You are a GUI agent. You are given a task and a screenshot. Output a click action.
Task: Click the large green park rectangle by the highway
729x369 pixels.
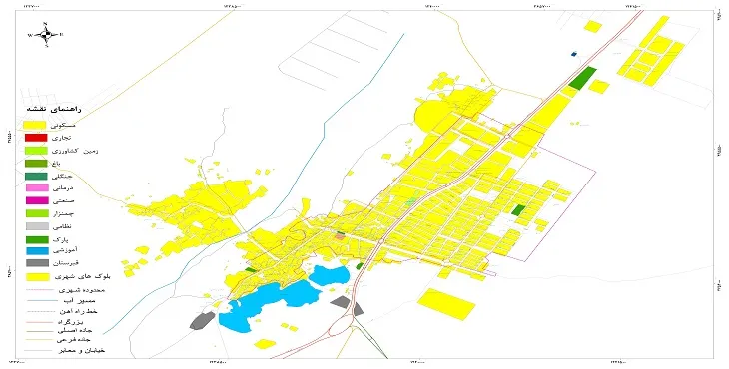pos(581,77)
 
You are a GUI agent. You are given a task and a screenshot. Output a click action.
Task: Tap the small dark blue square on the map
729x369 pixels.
pos(573,54)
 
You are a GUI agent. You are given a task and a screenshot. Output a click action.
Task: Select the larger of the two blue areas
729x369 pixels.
pos(265,303)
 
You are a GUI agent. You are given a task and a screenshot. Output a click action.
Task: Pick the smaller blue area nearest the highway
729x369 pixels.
pos(327,275)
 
